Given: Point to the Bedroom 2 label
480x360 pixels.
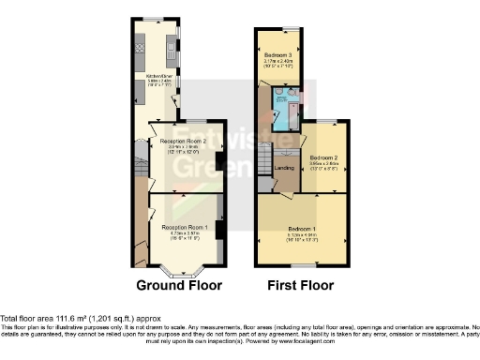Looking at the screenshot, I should pos(323,157).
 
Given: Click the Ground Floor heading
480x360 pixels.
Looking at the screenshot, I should pos(180,285).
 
